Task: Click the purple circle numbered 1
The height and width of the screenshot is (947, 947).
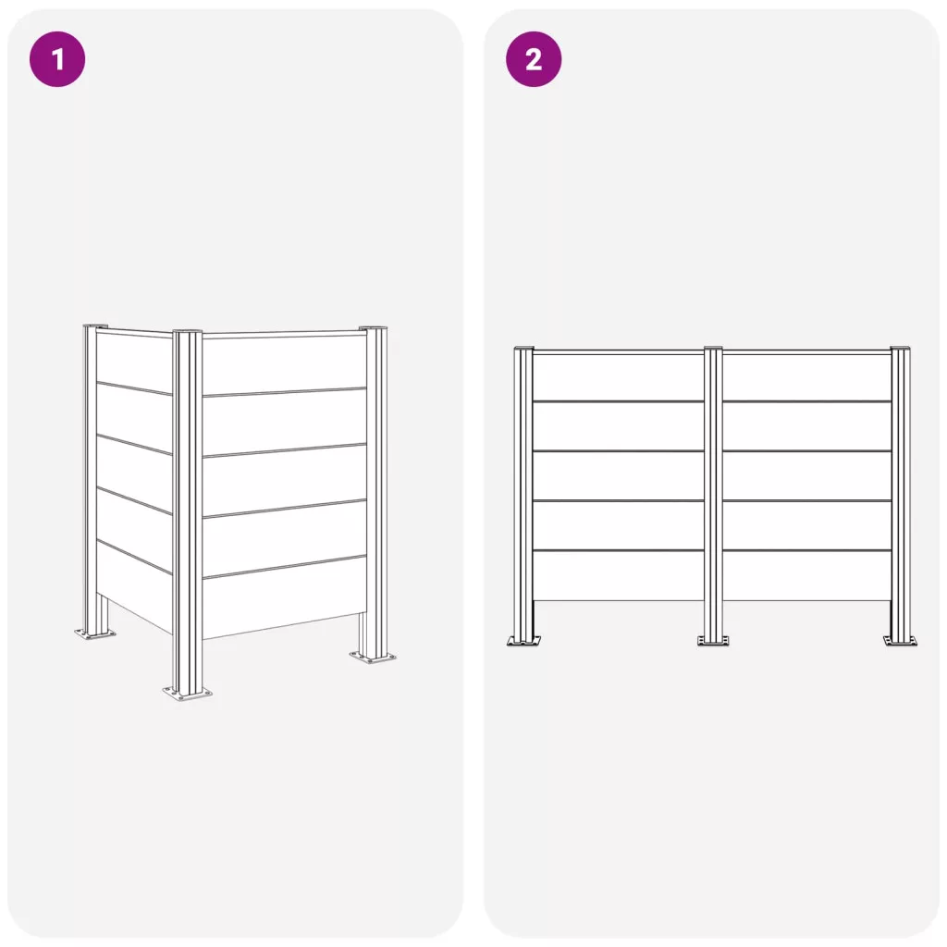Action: [x=57, y=59]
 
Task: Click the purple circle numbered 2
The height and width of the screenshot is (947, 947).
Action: [x=534, y=59]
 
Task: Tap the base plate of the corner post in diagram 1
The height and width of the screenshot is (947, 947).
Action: [x=187, y=693]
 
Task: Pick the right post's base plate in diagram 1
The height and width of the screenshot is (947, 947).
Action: [x=373, y=657]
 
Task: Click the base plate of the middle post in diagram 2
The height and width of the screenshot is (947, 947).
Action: [x=713, y=640]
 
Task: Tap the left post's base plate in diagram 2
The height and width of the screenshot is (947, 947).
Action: [x=523, y=640]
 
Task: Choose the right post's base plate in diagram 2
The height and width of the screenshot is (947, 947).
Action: [x=900, y=640]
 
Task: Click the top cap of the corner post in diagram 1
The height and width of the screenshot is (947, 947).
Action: [x=187, y=332]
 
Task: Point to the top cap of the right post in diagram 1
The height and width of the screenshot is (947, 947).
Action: [x=374, y=328]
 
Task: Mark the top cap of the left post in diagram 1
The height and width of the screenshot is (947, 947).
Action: [x=95, y=326]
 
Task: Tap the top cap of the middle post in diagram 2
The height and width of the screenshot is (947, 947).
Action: [x=713, y=349]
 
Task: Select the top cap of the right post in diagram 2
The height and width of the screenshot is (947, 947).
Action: [x=900, y=349]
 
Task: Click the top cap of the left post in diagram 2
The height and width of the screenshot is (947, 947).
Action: [x=523, y=349]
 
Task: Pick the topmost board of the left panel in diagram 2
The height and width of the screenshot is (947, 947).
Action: [x=619, y=377]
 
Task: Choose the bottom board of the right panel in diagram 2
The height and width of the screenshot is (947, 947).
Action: [x=806, y=575]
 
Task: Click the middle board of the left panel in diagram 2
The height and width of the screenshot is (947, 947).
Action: [x=619, y=476]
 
